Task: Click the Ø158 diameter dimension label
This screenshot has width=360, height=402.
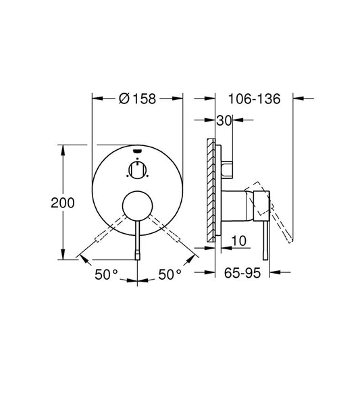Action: tap(137, 99)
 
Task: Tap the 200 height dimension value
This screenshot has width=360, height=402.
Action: tap(63, 203)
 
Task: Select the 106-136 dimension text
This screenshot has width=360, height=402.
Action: tap(254, 99)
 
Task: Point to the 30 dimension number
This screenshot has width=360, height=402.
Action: tap(224, 120)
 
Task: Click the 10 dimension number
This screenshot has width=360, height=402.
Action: tap(239, 241)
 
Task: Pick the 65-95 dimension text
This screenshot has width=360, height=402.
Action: tap(242, 273)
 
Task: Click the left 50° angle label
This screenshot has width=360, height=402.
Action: tap(106, 274)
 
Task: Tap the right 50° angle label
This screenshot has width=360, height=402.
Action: tap(170, 274)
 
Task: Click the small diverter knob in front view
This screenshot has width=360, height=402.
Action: tap(138, 170)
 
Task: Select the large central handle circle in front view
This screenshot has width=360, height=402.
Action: tap(138, 206)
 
